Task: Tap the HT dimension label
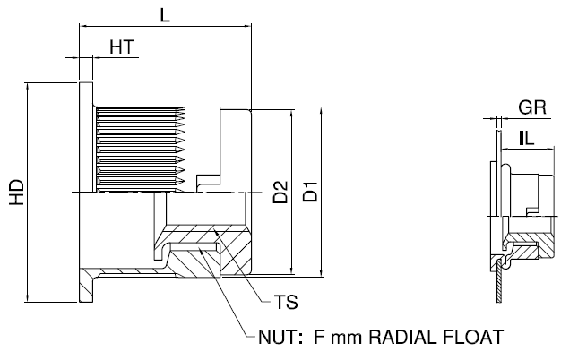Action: click(x=122, y=47)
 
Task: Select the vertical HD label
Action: click(x=16, y=193)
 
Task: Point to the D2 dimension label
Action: click(x=280, y=192)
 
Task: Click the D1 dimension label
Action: click(x=309, y=192)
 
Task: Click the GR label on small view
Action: click(x=532, y=107)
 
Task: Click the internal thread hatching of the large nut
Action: click(x=139, y=148)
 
